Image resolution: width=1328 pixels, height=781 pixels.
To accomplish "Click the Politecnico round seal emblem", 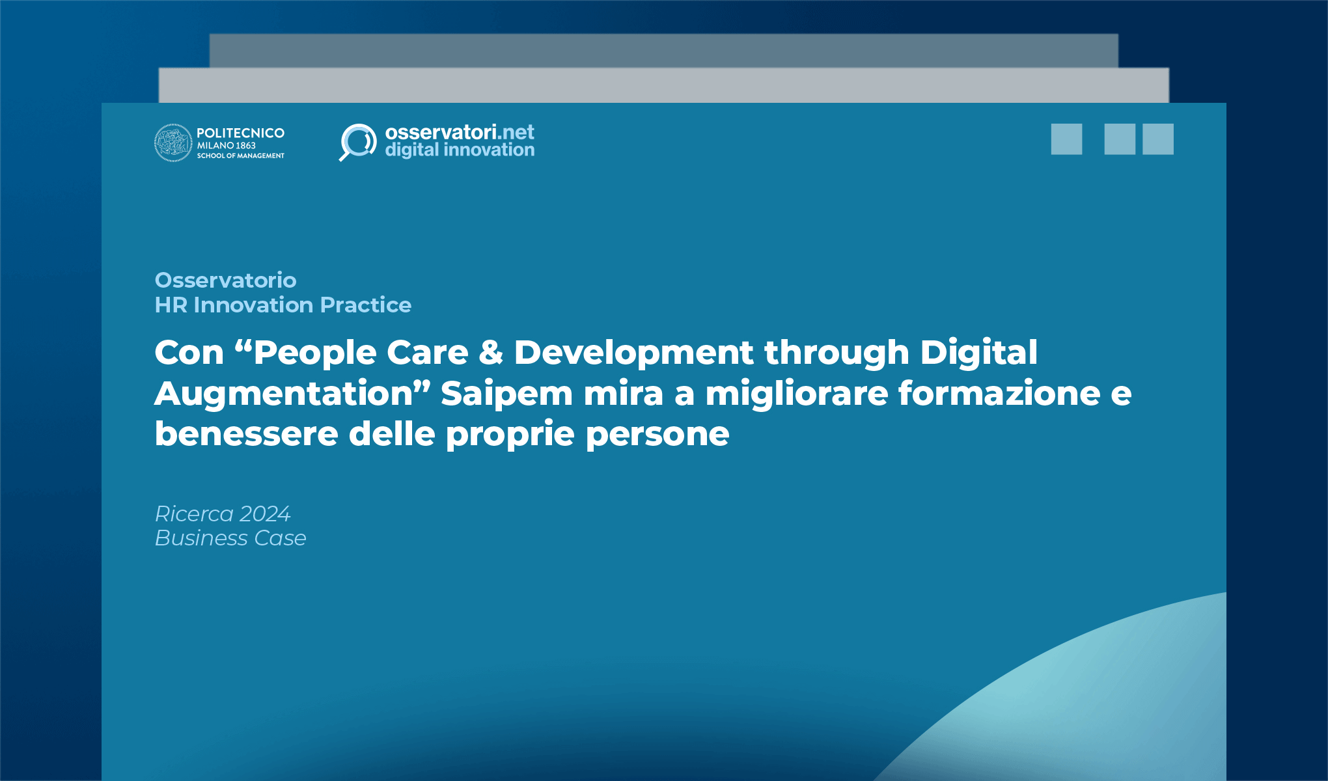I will [x=173, y=143].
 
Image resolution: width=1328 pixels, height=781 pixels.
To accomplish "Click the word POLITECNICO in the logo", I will [x=240, y=133].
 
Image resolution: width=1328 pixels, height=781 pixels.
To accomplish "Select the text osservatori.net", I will [x=459, y=132].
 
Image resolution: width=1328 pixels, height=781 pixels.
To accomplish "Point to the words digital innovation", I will [x=459, y=150].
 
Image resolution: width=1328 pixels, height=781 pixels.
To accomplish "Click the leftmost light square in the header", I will [x=1066, y=139].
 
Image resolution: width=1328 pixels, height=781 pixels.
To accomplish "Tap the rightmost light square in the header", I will [x=1158, y=139].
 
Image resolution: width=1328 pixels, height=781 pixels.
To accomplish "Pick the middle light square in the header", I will [x=1120, y=139].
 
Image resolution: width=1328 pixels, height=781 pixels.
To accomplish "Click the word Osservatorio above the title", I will [x=225, y=281].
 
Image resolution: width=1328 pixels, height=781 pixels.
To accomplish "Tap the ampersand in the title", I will [x=491, y=353].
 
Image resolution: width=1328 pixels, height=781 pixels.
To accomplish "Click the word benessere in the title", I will [x=246, y=434].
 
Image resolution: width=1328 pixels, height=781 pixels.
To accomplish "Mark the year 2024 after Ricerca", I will [x=264, y=514].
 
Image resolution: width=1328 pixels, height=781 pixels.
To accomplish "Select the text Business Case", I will [x=230, y=538].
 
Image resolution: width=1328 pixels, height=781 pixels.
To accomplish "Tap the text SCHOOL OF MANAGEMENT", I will [x=240, y=156].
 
